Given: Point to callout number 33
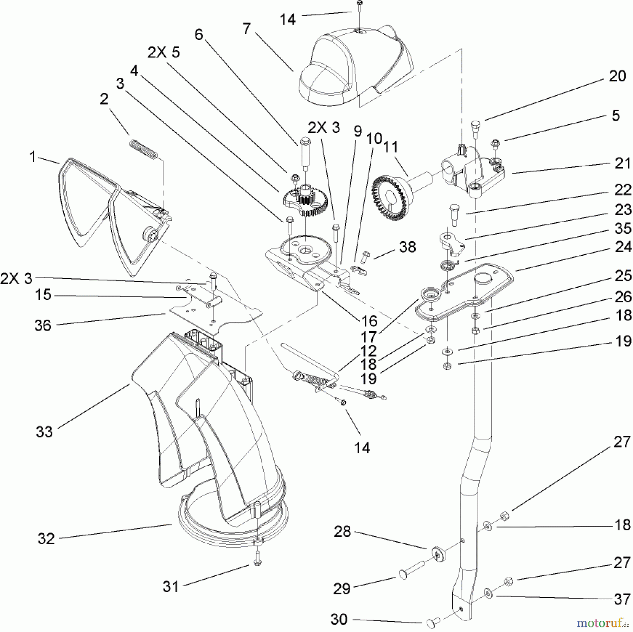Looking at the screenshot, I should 44,432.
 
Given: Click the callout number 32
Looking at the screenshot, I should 46,538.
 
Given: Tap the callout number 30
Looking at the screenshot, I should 339,619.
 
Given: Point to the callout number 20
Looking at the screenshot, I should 617,76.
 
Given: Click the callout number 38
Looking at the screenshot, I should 408,247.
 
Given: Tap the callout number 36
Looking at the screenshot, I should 43,325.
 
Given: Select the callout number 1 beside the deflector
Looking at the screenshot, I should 33,157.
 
